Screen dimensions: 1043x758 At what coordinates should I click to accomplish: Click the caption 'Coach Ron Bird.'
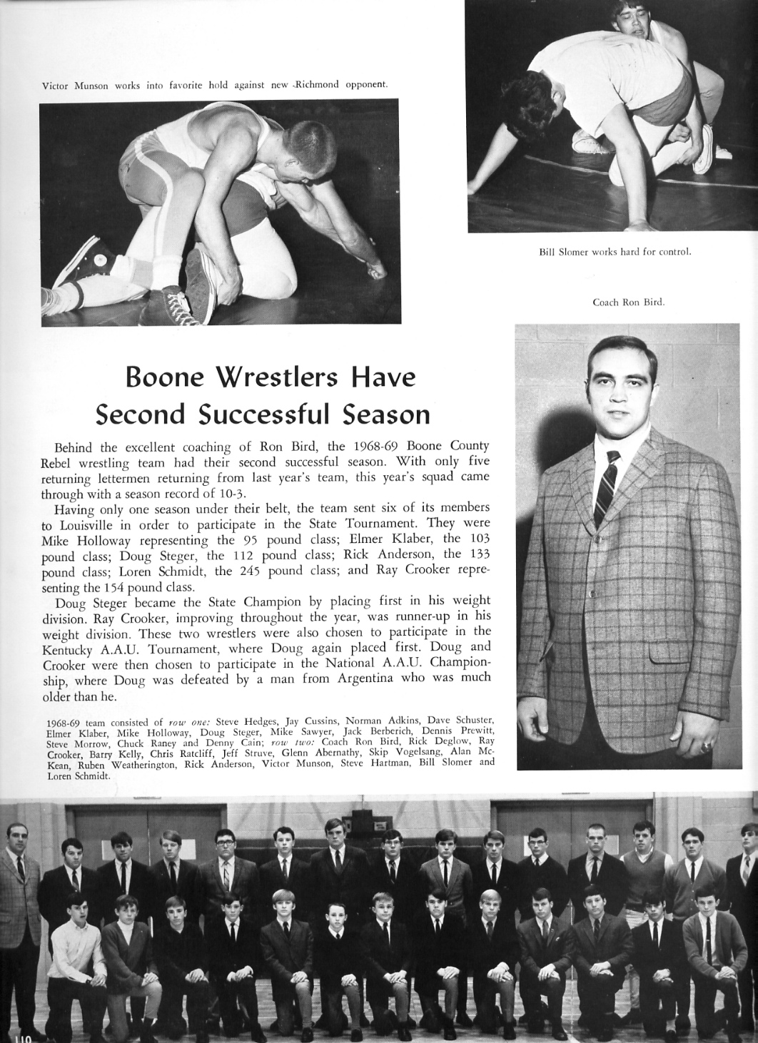628,302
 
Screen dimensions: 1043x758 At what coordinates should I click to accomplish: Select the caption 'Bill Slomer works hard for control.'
615,251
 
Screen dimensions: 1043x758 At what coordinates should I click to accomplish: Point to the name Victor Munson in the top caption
75,85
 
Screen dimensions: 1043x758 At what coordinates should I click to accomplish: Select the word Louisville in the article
87,524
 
